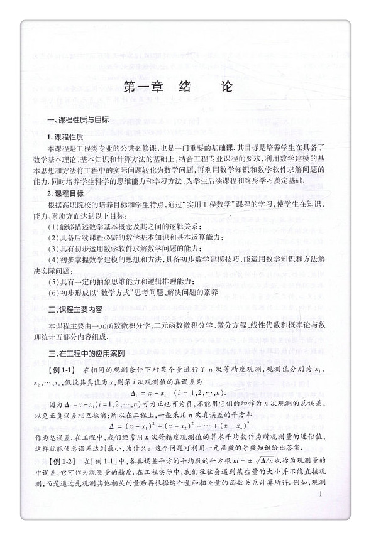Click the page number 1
[x=321, y=512]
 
